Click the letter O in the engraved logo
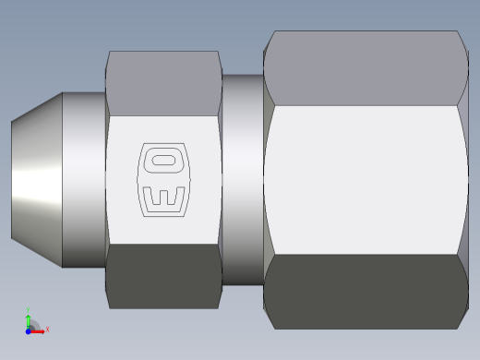click(163, 161)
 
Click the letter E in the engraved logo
click(162, 198)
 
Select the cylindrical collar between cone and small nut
click(84, 180)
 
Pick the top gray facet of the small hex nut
click(163, 83)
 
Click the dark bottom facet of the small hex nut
click(163, 275)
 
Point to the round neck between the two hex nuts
click(242, 180)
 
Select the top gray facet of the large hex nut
click(365, 69)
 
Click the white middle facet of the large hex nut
click(365, 180)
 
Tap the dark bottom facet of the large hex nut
click(365, 291)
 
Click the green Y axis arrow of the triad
click(29, 319)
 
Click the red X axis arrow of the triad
click(38, 329)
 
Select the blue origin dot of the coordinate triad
click(29, 330)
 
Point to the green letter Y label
click(29, 311)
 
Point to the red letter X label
click(47, 329)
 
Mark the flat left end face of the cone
click(12, 180)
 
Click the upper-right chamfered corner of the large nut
click(462, 42)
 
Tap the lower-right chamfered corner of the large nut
click(462, 318)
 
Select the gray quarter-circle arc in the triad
click(34, 322)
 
